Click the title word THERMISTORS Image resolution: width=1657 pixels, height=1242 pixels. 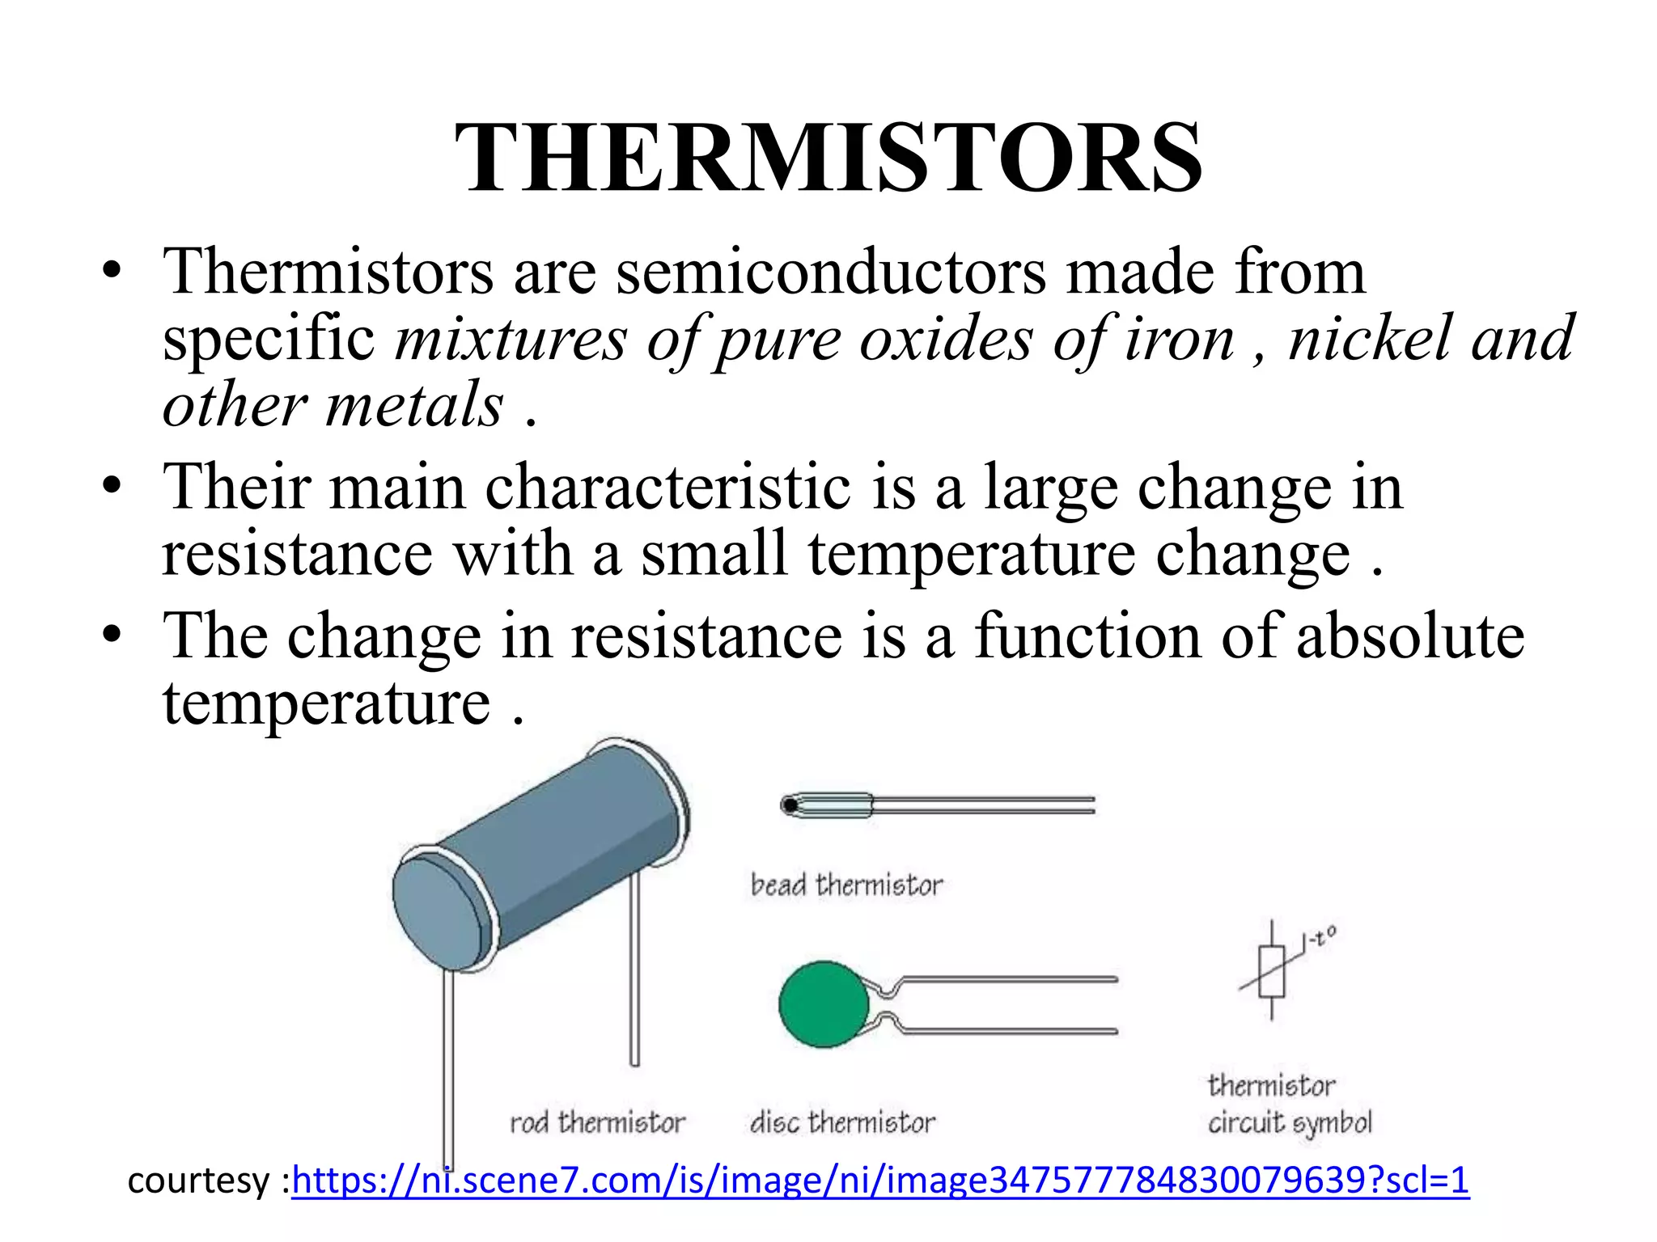[x=828, y=158]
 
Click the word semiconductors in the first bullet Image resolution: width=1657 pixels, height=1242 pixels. [x=831, y=272]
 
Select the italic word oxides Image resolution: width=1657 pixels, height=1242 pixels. [x=945, y=339]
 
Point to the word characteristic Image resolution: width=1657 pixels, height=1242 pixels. [x=667, y=488]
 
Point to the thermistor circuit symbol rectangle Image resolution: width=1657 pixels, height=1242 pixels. [x=1271, y=971]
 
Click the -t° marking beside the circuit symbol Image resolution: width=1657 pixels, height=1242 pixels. [x=1319, y=939]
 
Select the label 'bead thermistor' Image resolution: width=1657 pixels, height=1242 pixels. [x=846, y=885]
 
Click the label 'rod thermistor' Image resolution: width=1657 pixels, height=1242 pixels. [x=597, y=1123]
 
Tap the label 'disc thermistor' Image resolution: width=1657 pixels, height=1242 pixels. [x=842, y=1123]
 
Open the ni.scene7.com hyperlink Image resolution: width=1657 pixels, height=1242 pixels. [x=879, y=1181]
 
